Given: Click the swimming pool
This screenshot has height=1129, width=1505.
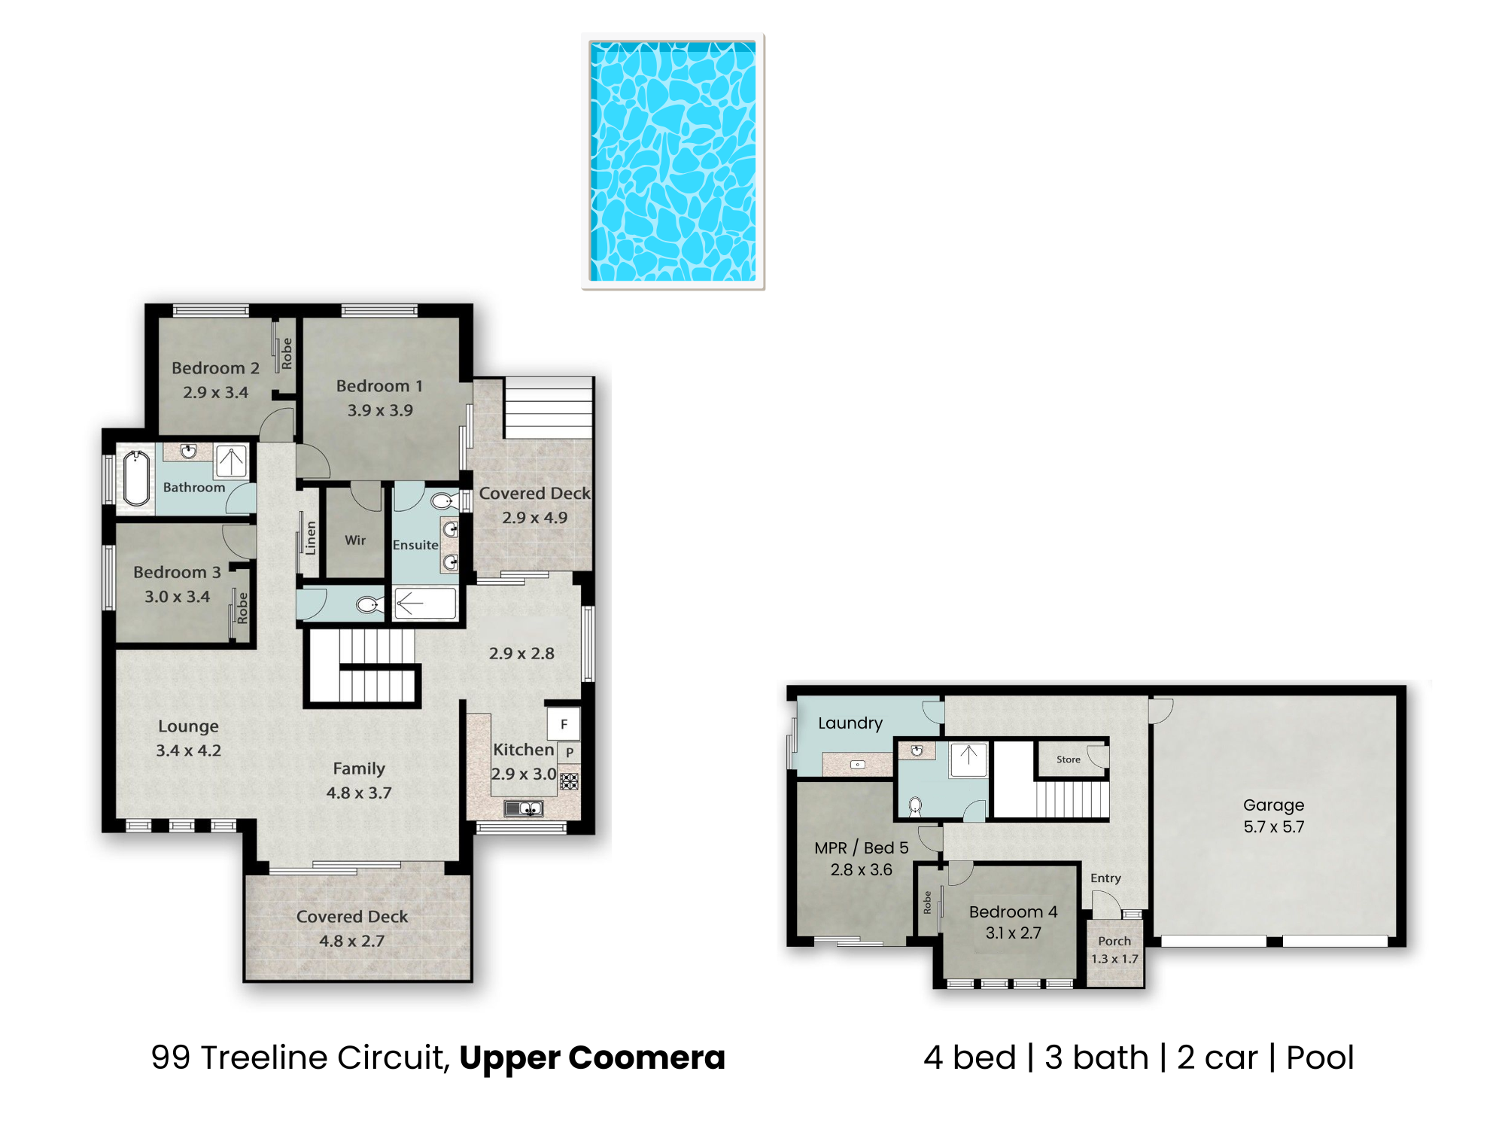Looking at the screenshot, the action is [673, 161].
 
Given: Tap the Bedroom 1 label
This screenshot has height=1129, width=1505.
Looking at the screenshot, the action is [379, 386].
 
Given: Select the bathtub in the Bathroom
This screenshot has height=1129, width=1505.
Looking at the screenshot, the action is [136, 478].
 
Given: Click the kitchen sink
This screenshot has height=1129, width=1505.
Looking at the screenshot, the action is [524, 809].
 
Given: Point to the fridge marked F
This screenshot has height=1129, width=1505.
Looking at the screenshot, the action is [564, 724].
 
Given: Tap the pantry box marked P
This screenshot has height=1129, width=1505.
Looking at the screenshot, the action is [570, 752].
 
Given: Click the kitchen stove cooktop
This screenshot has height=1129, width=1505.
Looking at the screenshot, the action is [570, 781].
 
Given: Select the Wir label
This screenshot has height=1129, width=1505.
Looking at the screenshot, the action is [355, 540].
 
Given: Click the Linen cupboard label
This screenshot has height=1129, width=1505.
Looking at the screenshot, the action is [311, 538].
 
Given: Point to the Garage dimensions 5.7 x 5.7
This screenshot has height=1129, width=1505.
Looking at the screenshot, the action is [1273, 826].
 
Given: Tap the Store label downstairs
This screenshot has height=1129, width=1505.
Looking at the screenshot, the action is [1068, 759].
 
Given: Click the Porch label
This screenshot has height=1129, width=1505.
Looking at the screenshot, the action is [1114, 941].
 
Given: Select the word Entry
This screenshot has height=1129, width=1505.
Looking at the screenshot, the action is [1105, 878].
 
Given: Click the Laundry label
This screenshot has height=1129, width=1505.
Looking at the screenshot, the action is [850, 723].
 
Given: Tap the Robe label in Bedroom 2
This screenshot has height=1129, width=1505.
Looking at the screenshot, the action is [287, 354].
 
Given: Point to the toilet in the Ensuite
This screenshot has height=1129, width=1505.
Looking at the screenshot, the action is [444, 501].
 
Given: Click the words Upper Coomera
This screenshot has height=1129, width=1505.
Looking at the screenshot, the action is [592, 1057].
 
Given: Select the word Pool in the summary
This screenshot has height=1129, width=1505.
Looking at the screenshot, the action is [1320, 1057].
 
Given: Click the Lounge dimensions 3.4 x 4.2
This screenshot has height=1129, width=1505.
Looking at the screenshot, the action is [188, 750].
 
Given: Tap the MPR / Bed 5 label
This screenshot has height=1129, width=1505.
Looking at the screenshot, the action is [861, 848].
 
